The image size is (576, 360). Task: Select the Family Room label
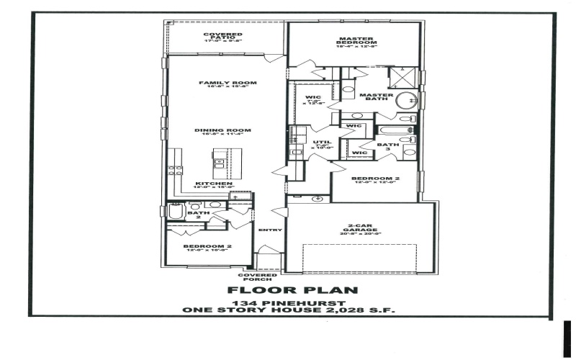(x=228, y=83)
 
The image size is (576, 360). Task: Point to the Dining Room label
(x=217, y=130)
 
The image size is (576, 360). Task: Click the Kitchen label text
(x=215, y=184)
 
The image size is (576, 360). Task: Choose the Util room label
(x=322, y=142)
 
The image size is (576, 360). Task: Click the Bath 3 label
(x=388, y=148)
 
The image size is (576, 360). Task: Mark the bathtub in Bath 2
(x=175, y=212)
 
